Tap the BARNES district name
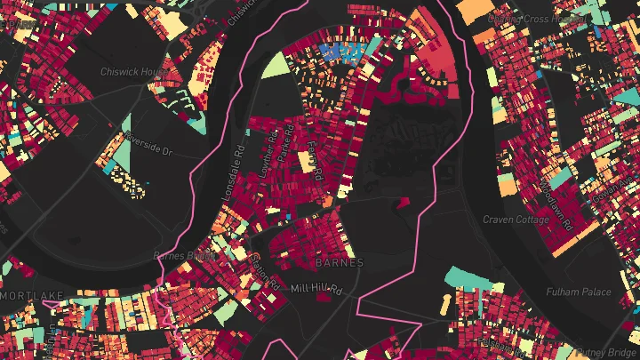[x=339, y=263]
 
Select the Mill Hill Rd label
[x=316, y=289]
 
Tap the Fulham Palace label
[x=580, y=292]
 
